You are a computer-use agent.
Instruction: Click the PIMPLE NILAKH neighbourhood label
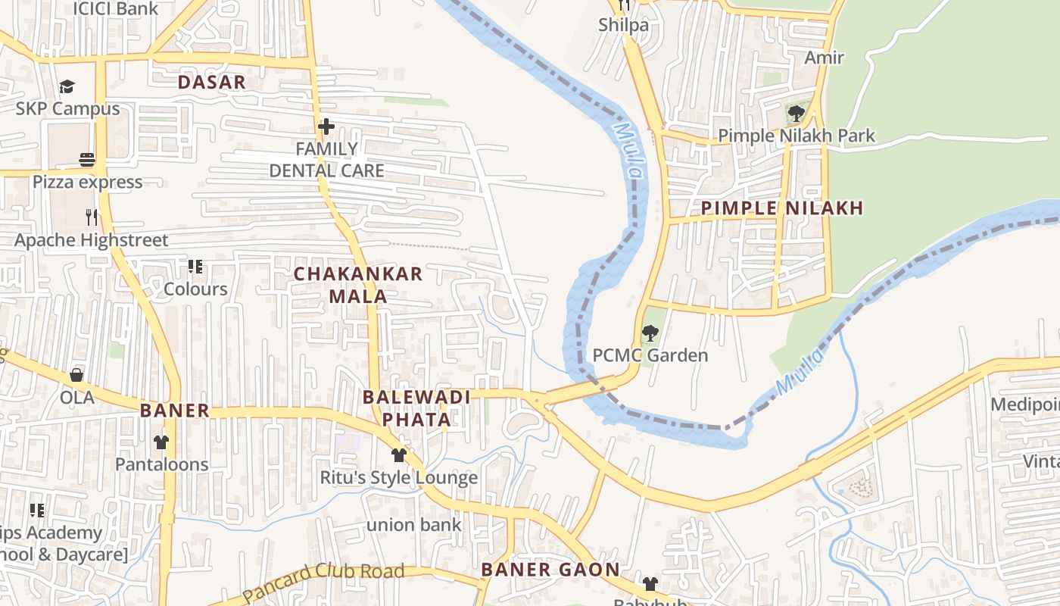click(x=781, y=208)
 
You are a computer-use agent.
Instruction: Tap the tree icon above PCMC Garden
click(x=650, y=333)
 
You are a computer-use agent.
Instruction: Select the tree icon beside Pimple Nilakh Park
click(x=796, y=114)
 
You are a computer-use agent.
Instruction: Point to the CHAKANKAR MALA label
click(x=358, y=285)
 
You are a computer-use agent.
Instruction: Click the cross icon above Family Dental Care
click(x=326, y=126)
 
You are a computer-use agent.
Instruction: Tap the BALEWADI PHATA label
click(x=416, y=408)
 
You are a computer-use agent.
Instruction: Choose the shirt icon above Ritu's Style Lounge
click(x=399, y=454)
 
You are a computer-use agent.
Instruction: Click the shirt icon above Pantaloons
click(x=161, y=442)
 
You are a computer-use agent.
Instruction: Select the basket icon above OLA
click(x=76, y=375)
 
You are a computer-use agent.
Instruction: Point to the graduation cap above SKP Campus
click(x=67, y=86)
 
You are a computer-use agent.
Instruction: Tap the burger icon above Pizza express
click(x=87, y=159)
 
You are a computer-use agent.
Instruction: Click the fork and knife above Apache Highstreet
click(x=92, y=217)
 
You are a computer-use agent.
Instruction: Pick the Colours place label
click(x=195, y=289)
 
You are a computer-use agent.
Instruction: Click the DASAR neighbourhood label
click(x=212, y=83)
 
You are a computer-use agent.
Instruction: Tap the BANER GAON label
click(x=550, y=570)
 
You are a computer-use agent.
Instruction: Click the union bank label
click(x=413, y=524)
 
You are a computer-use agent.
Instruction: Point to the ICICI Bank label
click(x=115, y=9)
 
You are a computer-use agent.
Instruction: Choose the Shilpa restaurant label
click(x=623, y=25)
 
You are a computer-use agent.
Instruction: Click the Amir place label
click(x=824, y=58)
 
